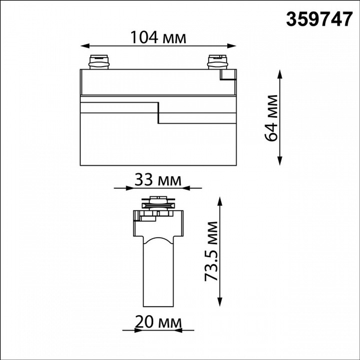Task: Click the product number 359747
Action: tap(319, 19)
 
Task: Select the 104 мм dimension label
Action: tap(158, 37)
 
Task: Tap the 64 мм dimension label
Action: tap(271, 118)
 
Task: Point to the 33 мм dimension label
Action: tap(158, 180)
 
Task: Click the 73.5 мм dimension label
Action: tap(211, 251)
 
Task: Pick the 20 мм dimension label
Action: tap(158, 322)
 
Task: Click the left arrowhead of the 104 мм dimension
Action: tap(85, 46)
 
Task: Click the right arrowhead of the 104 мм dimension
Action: tap(231, 46)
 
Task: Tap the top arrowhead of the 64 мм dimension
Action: tap(279, 75)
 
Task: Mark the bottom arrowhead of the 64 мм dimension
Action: tap(279, 161)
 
